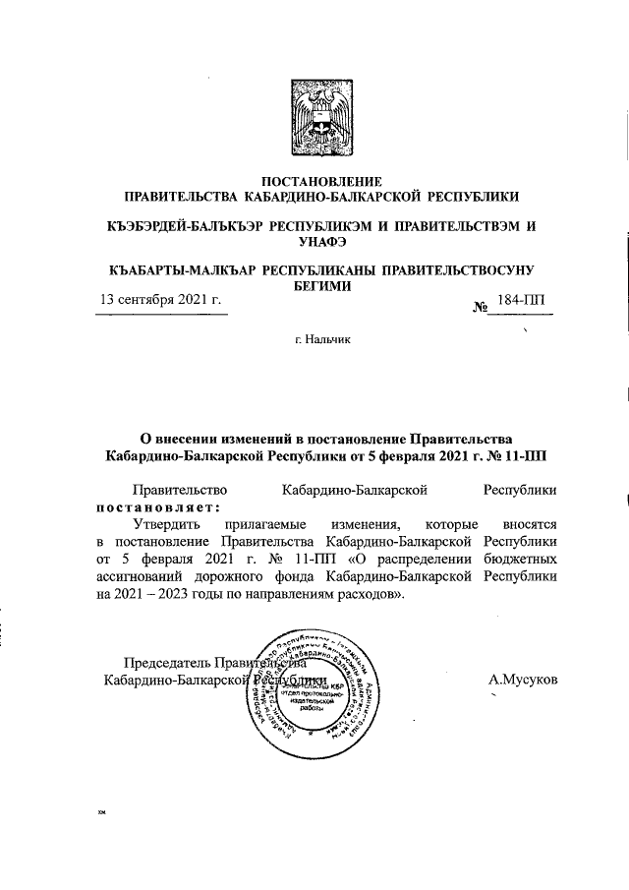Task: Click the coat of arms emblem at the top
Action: click(x=314, y=117)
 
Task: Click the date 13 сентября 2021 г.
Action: click(x=157, y=300)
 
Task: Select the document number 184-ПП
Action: click(x=527, y=300)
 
